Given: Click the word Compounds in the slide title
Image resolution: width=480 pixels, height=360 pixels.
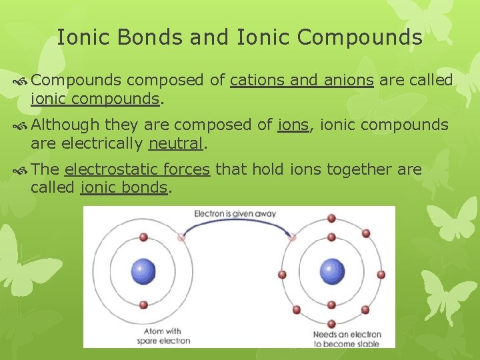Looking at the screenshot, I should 359,37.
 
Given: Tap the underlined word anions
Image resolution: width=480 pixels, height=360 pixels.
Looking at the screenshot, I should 349,81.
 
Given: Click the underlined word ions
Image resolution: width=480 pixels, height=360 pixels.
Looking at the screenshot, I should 293,125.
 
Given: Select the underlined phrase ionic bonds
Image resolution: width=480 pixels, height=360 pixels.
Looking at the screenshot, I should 123,187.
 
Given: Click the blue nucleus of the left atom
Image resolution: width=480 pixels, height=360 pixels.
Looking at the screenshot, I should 143,271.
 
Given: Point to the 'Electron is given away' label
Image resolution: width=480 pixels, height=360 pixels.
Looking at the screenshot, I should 235,214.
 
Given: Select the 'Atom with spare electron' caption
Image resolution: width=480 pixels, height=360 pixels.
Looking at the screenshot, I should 164,336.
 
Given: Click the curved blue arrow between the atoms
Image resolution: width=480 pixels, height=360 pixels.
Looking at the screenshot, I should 237,225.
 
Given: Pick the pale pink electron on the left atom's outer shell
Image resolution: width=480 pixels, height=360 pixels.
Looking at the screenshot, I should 181,237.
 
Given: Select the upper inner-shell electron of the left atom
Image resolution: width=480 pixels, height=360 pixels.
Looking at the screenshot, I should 143,237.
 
